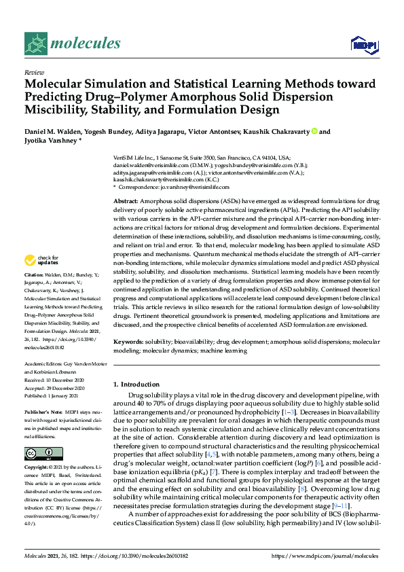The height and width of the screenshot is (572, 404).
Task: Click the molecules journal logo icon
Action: click(36, 44)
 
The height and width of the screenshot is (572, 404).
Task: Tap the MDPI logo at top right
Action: click(363, 45)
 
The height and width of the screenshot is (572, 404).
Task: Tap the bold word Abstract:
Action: click(127, 202)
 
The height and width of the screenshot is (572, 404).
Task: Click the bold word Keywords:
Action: click(130, 342)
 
